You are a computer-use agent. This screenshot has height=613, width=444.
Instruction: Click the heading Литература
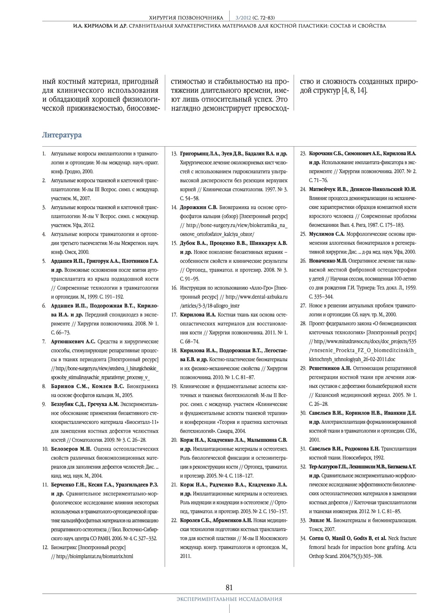[x=62, y=135]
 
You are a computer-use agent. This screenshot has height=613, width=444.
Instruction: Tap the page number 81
[x=229, y=588]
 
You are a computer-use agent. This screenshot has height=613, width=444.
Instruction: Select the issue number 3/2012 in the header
[x=243, y=18]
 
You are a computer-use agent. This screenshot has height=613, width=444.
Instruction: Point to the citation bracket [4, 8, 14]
[x=354, y=91]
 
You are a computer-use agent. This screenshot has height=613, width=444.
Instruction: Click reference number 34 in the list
[x=303, y=538]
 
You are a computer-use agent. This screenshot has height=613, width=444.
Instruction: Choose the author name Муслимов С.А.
[x=327, y=234]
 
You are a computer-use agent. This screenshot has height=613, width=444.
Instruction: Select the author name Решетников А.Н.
[x=330, y=368]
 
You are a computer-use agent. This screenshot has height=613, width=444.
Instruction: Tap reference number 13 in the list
[x=174, y=154]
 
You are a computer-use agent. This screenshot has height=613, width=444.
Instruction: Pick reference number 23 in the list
[x=303, y=154]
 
